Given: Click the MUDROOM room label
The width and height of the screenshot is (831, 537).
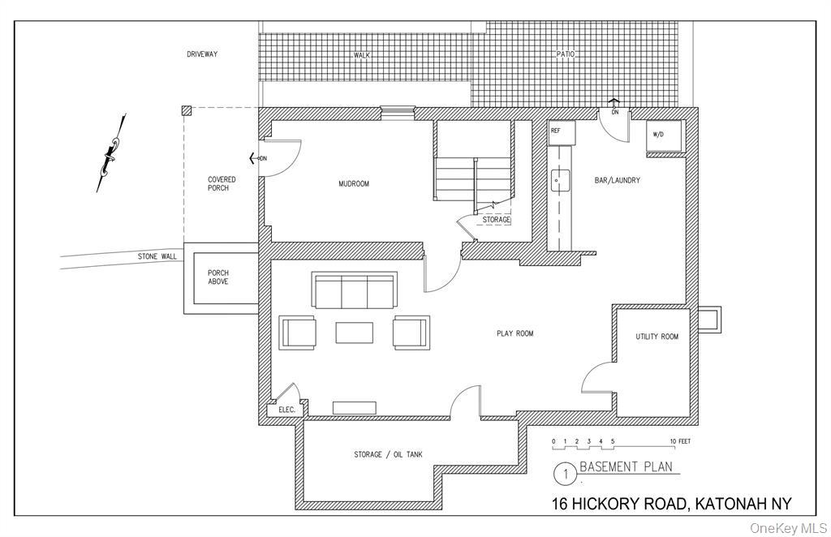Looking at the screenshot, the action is click(x=354, y=184).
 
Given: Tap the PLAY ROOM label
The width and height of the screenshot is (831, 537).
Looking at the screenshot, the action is click(x=515, y=333).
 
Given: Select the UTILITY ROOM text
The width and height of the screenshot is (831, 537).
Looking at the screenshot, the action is click(x=657, y=337).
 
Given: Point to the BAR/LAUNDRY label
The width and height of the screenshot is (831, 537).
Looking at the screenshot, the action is click(x=617, y=180).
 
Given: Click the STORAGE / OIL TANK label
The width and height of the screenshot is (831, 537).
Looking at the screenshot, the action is click(x=388, y=454).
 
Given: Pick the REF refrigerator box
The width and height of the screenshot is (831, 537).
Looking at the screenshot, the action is click(x=562, y=133).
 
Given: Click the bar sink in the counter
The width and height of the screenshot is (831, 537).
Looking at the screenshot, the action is click(x=560, y=180).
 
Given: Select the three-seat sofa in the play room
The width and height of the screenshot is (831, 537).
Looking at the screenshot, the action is click(x=354, y=290).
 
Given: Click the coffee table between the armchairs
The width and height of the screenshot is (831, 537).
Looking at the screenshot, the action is click(x=354, y=333).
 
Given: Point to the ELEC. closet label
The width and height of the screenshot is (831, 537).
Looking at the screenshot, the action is click(x=286, y=410).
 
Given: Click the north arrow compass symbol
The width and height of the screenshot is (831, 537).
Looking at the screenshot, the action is click(x=112, y=153).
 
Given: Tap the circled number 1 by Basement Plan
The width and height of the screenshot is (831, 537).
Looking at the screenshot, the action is click(x=565, y=474).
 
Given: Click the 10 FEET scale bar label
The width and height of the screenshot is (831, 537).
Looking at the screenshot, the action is click(x=681, y=441).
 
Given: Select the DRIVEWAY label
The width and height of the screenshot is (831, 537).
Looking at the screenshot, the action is click(x=202, y=54).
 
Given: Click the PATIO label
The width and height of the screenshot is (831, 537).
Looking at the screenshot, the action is click(x=565, y=54).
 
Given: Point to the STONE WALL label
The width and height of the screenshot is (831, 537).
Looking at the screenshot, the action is click(x=157, y=256).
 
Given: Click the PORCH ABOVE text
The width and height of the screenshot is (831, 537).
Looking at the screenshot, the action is click(x=217, y=277).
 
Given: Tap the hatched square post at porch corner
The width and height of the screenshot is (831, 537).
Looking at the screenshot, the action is click(x=186, y=110).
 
